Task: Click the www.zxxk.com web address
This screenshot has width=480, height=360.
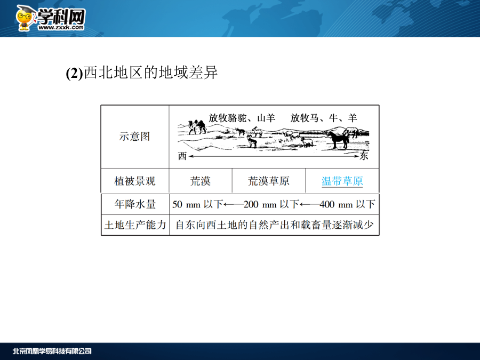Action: click(61, 28)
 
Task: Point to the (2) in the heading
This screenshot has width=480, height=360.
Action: click(74, 73)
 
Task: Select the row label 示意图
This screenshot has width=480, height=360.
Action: click(135, 137)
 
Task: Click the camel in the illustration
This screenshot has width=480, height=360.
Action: click(197, 127)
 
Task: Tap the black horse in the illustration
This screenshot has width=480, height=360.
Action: click(338, 140)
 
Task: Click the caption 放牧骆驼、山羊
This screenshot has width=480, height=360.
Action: click(242, 118)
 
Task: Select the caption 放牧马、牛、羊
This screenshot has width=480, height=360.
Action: click(324, 118)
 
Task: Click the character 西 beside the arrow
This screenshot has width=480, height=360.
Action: click(182, 156)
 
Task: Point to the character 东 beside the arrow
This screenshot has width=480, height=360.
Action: click(364, 156)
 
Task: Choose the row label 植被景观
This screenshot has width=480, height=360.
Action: click(135, 181)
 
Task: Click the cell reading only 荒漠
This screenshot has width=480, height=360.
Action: click(201, 181)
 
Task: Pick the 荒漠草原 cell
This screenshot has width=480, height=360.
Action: click(268, 181)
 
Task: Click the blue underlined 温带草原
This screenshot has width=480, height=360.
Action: click(342, 181)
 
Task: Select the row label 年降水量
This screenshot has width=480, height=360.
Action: click(135, 204)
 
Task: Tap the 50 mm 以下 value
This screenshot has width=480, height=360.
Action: click(197, 204)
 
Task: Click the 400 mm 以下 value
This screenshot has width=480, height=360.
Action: click(347, 204)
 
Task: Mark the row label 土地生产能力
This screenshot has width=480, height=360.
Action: click(135, 225)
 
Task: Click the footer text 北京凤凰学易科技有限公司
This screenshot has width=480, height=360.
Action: click(52, 351)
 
